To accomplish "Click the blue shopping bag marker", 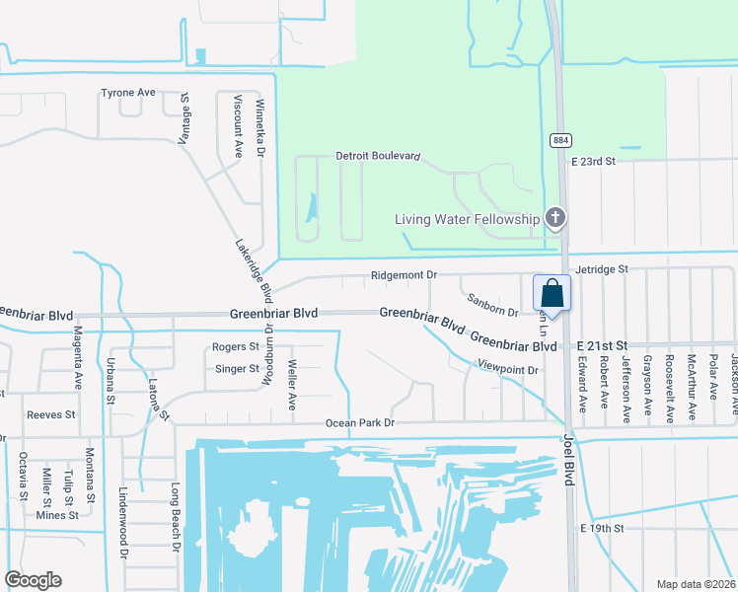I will point(552,294).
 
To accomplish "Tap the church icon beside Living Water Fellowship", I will point(555,218).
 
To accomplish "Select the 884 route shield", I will point(559,140).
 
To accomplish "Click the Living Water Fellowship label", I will point(468,219).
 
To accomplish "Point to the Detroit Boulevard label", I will point(378,156).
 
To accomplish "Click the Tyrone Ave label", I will point(128,93).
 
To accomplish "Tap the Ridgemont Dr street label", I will point(403,275).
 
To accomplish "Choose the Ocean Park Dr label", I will point(360,423).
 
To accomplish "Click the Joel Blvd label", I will point(568,458).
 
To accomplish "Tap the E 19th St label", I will point(603,529).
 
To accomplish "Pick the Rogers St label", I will point(235,347).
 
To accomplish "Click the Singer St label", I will point(236,369).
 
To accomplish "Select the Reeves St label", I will point(51,415).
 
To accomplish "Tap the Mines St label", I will point(56,515).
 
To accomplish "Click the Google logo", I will point(33,580).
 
